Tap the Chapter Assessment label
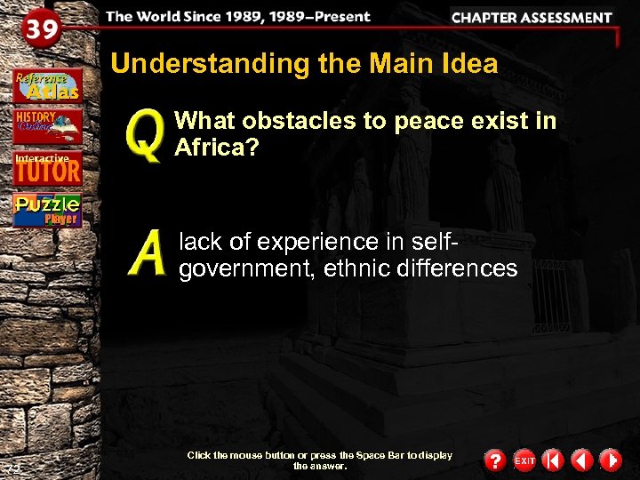click(x=531, y=17)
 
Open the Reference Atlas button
click(x=47, y=85)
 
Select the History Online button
click(x=47, y=126)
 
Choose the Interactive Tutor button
click(x=47, y=167)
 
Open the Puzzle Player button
click(x=47, y=210)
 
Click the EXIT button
click(x=524, y=460)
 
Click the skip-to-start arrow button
click(x=553, y=460)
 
